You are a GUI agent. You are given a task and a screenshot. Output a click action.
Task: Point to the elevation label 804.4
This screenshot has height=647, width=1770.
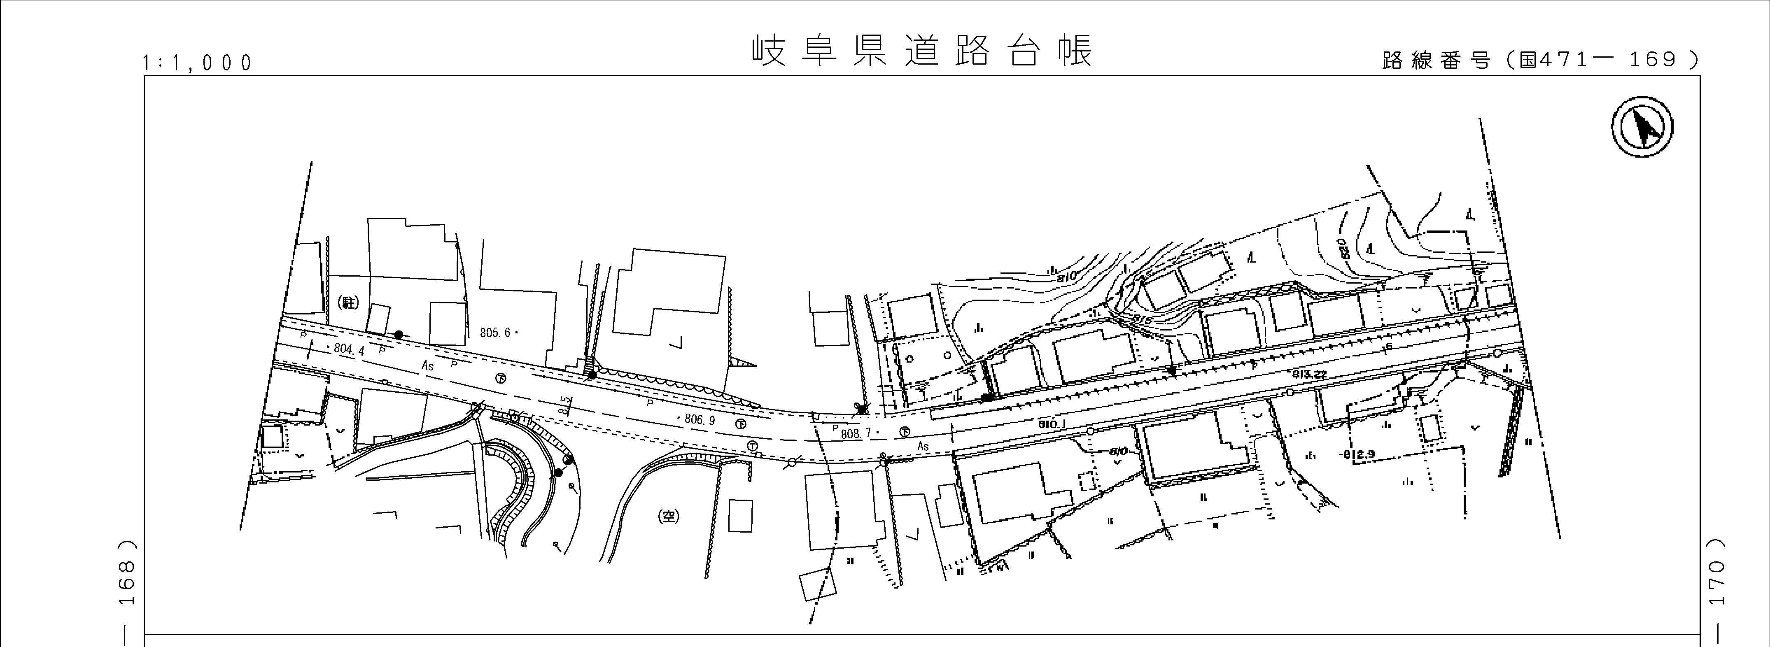coord(349,349)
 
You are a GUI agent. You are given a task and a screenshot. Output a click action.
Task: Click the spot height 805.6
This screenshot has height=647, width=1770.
coord(496,333)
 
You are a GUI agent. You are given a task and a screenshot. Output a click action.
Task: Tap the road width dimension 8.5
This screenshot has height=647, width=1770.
coord(565,406)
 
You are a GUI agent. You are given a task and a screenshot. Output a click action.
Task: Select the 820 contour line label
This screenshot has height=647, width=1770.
coord(1345,249)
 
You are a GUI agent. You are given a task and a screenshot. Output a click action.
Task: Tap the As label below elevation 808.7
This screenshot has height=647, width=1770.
coord(923,447)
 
